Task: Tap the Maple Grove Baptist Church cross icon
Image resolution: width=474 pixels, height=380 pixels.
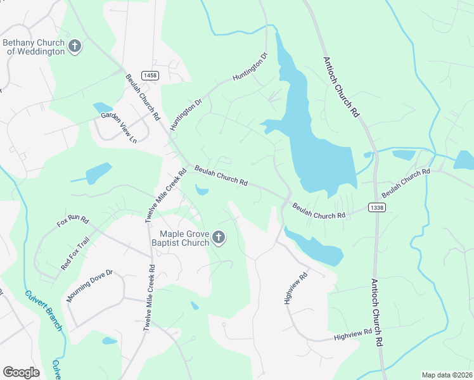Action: click(218, 237)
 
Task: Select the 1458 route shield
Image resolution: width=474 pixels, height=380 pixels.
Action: click(150, 75)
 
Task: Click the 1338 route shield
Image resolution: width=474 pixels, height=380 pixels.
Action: click(376, 207)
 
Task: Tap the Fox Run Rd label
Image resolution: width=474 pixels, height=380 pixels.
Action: click(73, 220)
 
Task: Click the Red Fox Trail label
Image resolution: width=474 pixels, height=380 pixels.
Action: click(75, 253)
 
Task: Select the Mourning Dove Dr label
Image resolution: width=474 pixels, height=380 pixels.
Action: click(89, 286)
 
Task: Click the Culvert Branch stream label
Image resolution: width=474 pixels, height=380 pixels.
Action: click(44, 310)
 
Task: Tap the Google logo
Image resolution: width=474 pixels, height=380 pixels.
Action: click(21, 372)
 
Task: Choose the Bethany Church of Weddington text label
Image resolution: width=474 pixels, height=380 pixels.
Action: click(35, 47)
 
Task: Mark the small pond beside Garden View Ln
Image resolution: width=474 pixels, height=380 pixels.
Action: click(102, 108)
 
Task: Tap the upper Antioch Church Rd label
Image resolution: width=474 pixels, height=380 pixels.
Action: click(342, 86)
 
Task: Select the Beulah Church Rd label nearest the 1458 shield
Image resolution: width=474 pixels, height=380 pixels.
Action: click(143, 98)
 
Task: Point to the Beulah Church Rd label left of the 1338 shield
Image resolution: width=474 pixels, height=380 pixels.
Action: click(319, 210)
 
